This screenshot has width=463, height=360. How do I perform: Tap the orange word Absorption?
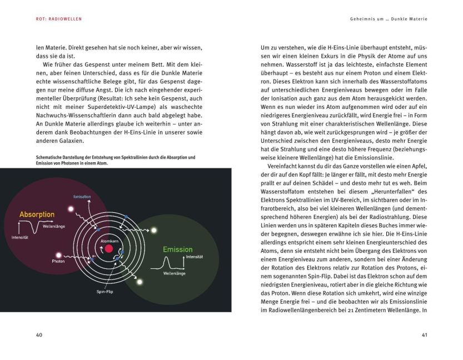pyautogui.click(x=37, y=214)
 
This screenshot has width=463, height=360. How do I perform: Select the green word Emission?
pyautogui.click(x=177, y=249)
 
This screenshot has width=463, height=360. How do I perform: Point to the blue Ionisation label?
pyautogui.click(x=82, y=197)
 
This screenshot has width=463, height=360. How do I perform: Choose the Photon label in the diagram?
pyautogui.click(x=58, y=261)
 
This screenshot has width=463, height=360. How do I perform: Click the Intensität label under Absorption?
pyautogui.click(x=19, y=238)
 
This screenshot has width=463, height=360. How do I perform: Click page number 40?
pyautogui.click(x=39, y=334)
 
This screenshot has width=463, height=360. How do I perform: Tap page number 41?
pyautogui.click(x=425, y=334)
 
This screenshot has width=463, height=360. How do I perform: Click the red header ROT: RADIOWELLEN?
pyautogui.click(x=55, y=19)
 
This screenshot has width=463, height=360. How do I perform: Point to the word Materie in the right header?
pyautogui.click(x=416, y=19)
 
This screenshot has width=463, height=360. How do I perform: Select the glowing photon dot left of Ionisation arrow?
pyautogui.click(x=71, y=209)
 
